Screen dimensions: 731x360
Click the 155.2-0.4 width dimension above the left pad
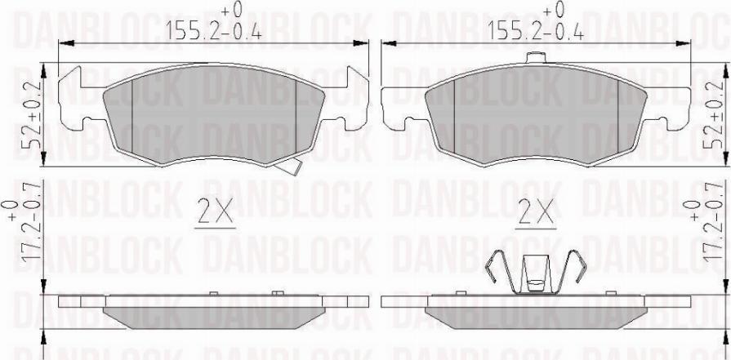(x=214, y=32)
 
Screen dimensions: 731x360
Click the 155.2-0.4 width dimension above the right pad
(x=535, y=32)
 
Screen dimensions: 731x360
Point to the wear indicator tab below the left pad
(x=288, y=167)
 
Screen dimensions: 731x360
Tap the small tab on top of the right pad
(x=536, y=58)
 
